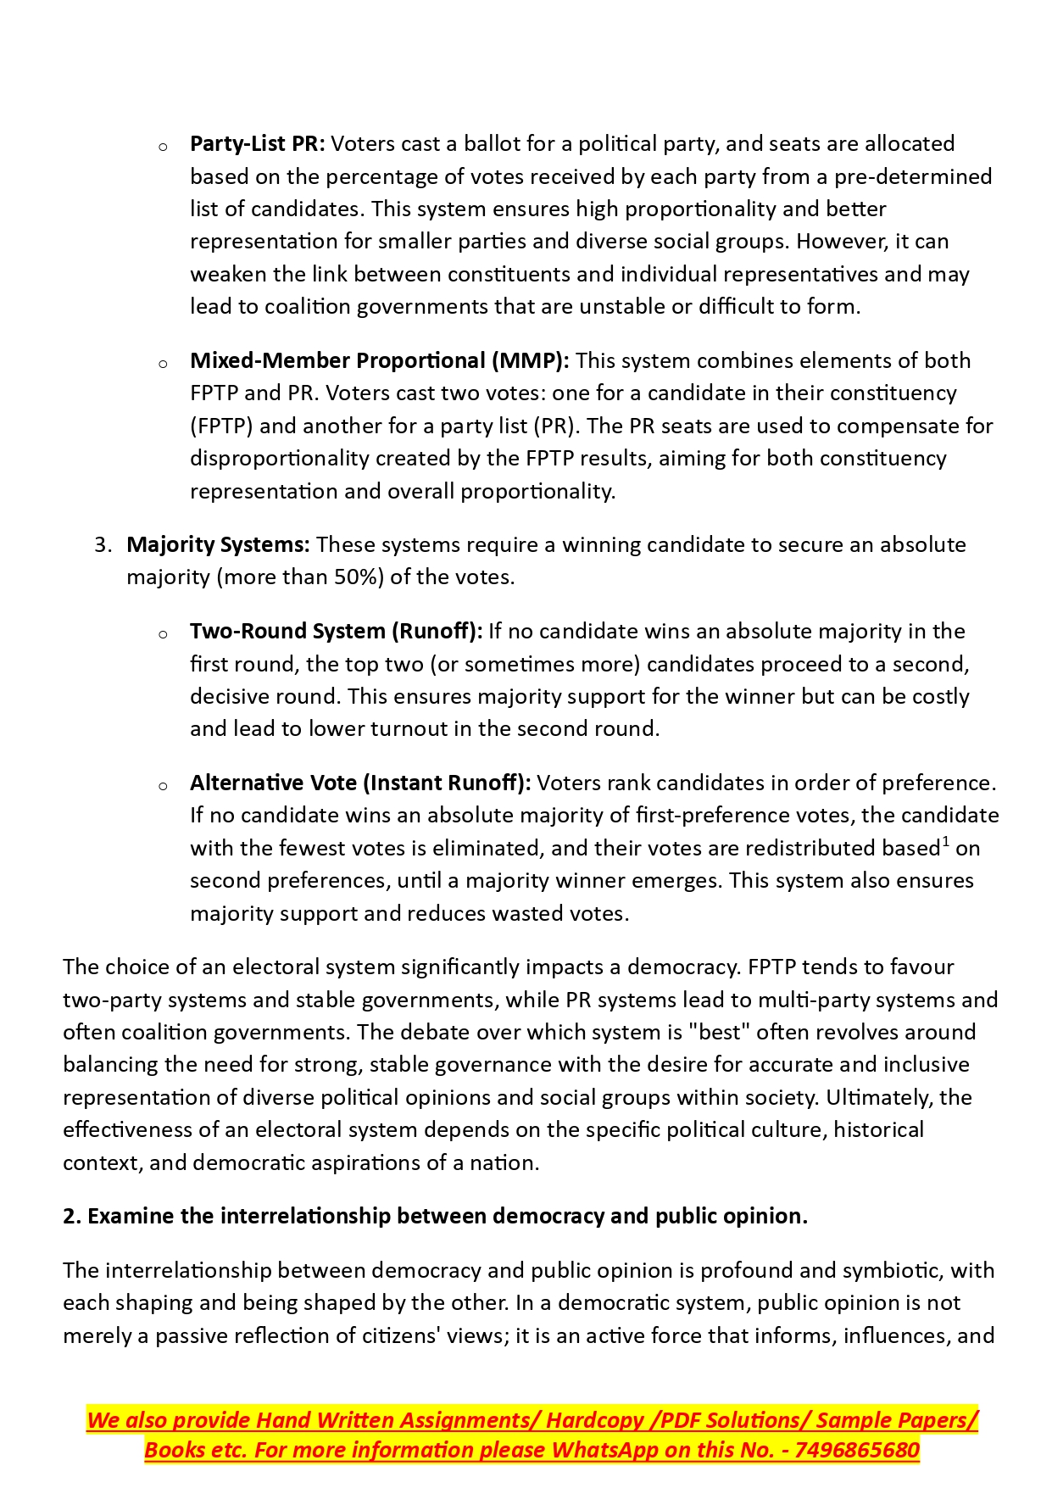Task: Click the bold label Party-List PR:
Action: pos(257,144)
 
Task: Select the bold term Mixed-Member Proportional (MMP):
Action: pos(379,361)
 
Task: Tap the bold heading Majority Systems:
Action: pos(218,545)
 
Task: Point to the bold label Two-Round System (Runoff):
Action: pos(336,632)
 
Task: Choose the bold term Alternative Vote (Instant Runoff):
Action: pos(360,783)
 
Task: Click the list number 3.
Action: pos(103,545)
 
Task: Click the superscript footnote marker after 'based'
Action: pos(945,841)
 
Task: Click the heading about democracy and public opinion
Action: pos(435,1217)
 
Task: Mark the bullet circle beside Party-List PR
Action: pos(163,147)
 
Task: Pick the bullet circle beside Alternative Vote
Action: pos(163,786)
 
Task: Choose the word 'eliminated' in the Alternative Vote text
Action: pos(484,849)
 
